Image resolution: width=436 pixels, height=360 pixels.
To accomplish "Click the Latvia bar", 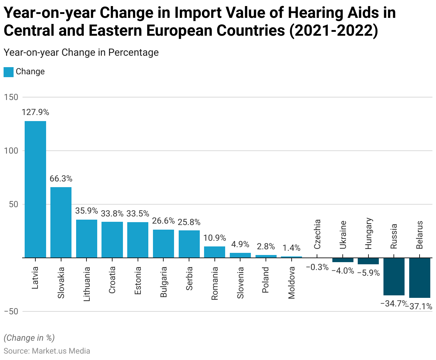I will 35,189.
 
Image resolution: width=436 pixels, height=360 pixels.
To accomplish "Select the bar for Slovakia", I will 61,222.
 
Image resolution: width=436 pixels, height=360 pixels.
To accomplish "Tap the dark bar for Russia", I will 394,276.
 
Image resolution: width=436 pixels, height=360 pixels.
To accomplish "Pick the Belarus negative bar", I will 420,278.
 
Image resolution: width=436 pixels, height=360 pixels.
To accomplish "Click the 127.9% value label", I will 35,112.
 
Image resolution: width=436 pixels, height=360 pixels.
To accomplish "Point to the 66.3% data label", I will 61,179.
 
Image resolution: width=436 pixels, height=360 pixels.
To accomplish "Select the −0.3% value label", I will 317,267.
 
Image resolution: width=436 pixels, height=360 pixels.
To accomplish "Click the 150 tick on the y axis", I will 11,97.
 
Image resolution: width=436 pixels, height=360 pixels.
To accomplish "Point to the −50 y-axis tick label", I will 11,311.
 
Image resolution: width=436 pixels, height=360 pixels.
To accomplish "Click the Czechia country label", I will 317,234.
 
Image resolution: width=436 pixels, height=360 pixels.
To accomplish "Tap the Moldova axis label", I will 292,282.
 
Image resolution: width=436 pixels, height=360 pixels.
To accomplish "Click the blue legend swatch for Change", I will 9,72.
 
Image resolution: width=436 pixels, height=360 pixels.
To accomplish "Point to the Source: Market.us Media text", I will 47,351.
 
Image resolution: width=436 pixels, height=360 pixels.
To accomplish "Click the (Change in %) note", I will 29,338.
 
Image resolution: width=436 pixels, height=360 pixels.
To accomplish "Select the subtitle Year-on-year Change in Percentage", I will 81,52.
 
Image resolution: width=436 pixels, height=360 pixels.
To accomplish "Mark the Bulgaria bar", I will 163,244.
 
